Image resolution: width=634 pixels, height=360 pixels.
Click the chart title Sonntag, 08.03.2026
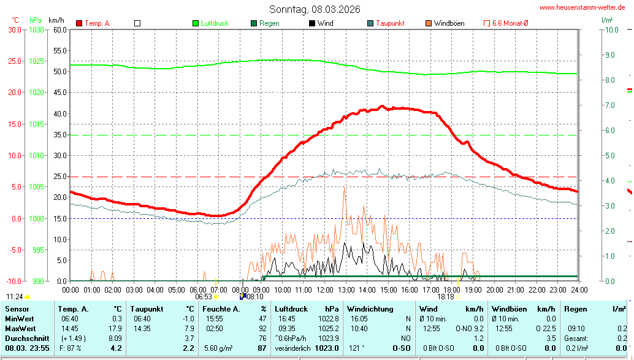(315, 9)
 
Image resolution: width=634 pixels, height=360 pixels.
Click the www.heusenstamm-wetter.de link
(582, 7)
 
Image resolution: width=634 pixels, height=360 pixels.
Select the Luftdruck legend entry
(210, 23)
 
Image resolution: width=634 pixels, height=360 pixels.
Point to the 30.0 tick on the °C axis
(13, 29)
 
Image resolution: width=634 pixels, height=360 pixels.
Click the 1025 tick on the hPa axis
(36, 61)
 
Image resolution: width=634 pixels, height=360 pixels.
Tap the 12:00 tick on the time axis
(324, 289)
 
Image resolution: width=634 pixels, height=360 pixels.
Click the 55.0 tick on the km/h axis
(59, 50)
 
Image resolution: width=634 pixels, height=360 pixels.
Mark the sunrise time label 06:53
(204, 296)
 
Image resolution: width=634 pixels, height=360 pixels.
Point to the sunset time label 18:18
(446, 296)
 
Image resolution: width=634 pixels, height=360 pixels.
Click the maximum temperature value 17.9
(115, 329)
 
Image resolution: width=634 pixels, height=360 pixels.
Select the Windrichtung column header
(370, 309)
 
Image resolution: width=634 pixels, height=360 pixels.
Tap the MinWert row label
(20, 319)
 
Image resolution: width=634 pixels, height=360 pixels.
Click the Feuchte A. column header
(221, 309)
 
